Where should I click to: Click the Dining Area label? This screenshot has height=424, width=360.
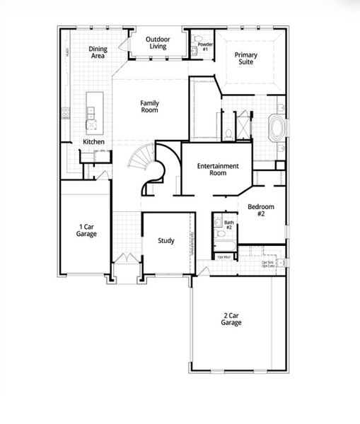click(x=98, y=52)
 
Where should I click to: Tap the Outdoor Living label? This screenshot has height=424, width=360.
click(x=156, y=43)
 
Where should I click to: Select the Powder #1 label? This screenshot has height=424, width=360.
click(x=204, y=47)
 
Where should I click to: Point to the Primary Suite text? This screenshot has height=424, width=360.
click(x=246, y=58)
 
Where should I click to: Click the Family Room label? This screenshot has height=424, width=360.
click(x=149, y=106)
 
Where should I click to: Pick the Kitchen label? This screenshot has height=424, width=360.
click(x=93, y=142)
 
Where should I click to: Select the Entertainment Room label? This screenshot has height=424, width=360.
click(x=218, y=170)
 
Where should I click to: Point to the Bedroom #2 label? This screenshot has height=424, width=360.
click(x=255, y=210)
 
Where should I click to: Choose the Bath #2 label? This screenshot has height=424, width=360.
click(x=228, y=225)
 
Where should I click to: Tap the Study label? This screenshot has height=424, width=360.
click(x=166, y=241)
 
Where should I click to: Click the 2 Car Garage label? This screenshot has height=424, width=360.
click(x=231, y=319)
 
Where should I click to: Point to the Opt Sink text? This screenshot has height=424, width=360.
click(x=267, y=262)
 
